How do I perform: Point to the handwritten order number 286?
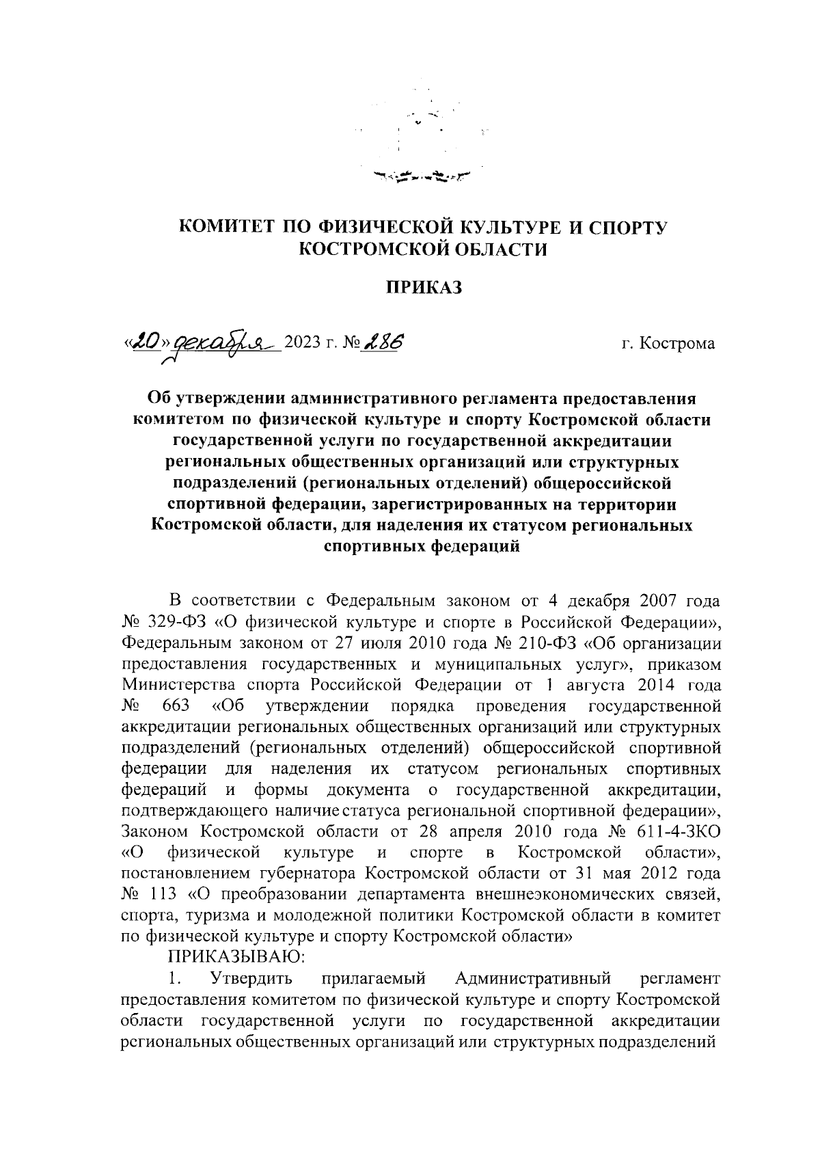click(x=382, y=340)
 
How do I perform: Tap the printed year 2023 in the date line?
click(x=303, y=342)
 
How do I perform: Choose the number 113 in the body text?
click(x=165, y=893)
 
